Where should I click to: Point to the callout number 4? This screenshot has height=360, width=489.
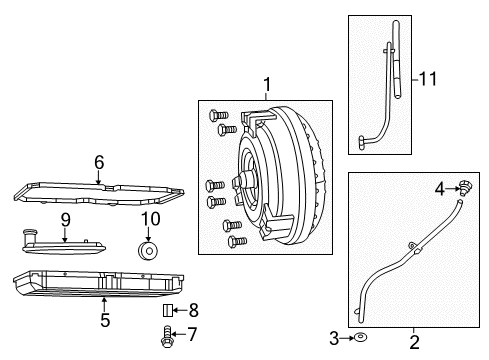[x=438, y=187]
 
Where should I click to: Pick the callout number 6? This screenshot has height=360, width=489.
[x=99, y=162]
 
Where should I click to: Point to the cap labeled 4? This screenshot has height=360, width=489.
[x=464, y=186]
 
